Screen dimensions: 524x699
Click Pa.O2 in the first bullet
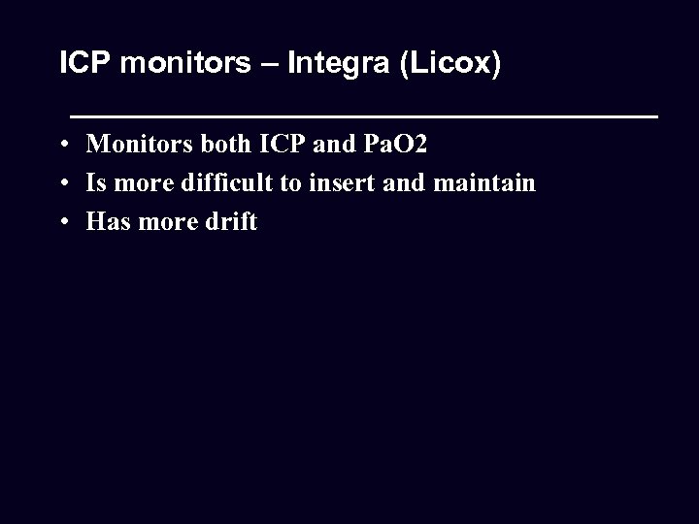click(x=395, y=146)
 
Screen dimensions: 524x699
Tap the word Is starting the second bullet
click(x=96, y=183)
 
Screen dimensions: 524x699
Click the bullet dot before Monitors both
click(x=62, y=146)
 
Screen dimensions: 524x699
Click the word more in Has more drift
click(x=168, y=221)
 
